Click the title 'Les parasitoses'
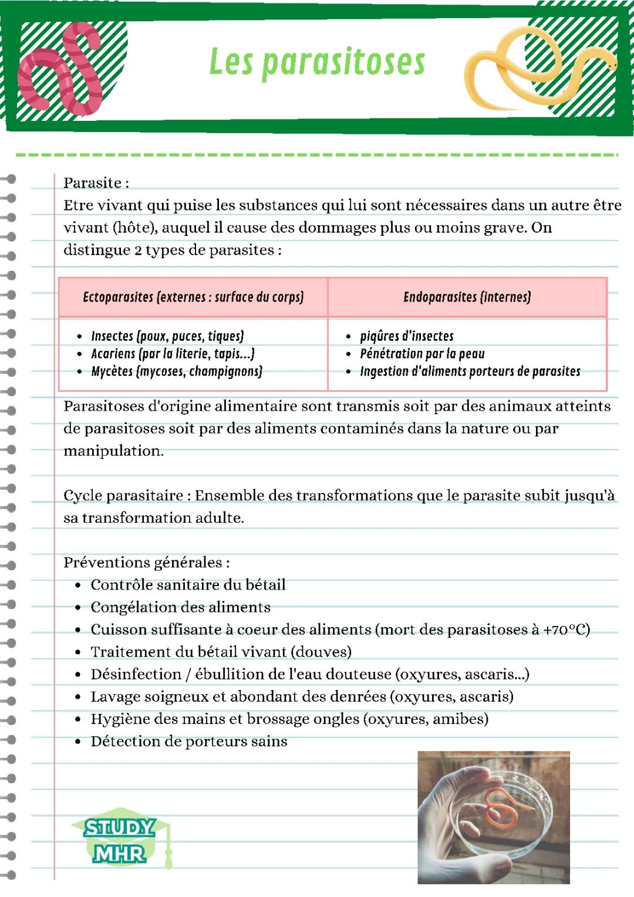click(317, 62)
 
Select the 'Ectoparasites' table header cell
click(193, 297)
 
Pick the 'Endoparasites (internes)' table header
click(467, 297)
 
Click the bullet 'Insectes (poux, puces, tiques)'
click(167, 336)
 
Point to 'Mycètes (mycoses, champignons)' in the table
click(176, 371)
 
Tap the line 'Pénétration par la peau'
click(422, 354)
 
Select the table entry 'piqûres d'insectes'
click(406, 336)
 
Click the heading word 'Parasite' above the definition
click(92, 183)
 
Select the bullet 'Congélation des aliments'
click(180, 607)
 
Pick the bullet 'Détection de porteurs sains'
click(188, 742)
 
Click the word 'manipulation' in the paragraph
click(113, 451)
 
